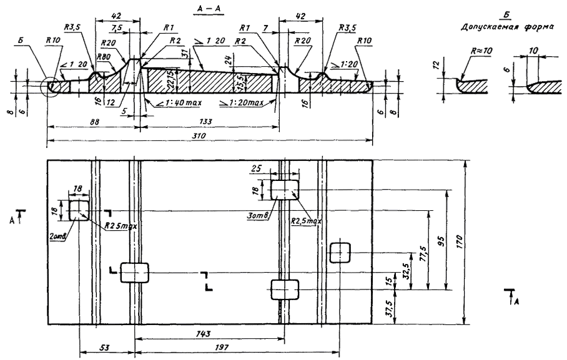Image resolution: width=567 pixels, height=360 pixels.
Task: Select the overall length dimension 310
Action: pos(200,135)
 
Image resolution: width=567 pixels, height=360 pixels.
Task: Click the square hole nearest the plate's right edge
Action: pos(340,253)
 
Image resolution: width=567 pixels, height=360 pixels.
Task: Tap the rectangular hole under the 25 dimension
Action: pos(285,189)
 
